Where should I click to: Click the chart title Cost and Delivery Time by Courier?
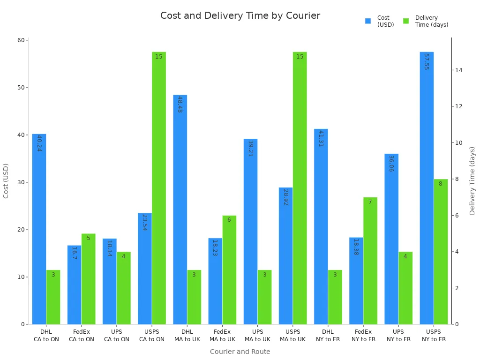[x=240, y=15]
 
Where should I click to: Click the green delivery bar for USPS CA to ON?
[x=159, y=187]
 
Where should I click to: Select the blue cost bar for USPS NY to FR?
[x=427, y=187]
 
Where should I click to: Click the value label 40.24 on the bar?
[x=39, y=143]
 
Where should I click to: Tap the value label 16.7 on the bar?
[x=74, y=253]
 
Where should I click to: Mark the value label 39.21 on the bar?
[x=250, y=148]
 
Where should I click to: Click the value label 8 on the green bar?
[x=440, y=184]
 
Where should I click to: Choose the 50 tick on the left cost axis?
[x=21, y=88]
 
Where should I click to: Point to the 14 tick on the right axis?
[x=458, y=70]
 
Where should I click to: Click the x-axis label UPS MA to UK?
[x=257, y=336]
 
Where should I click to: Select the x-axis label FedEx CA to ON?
[x=82, y=336]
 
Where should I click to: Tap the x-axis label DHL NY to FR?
[x=328, y=336]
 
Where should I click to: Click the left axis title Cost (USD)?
[x=6, y=180]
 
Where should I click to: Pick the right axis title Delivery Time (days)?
[x=472, y=180]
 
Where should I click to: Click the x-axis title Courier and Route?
[x=240, y=352]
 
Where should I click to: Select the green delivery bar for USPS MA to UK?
[x=300, y=187]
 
